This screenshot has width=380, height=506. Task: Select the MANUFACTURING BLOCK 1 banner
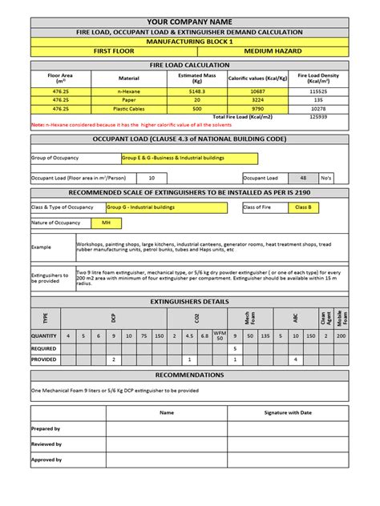[190, 41]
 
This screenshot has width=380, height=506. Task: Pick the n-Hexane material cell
[128, 93]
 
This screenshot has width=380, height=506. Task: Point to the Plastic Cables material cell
[128, 108]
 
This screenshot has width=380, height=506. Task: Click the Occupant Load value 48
[302, 178]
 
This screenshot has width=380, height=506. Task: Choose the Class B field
[303, 207]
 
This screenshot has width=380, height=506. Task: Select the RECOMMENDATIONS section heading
[190, 375]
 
